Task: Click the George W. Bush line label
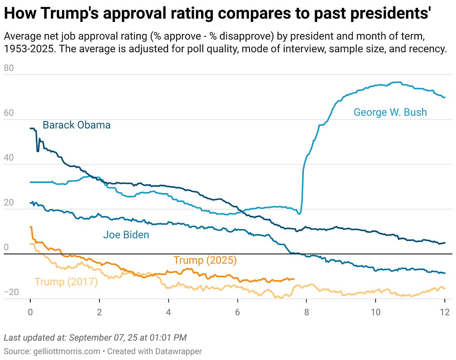[x=390, y=112]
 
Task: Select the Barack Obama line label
[x=77, y=125]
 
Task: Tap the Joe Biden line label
[x=126, y=235]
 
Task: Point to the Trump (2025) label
[x=205, y=260]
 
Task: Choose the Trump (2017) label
[x=66, y=282]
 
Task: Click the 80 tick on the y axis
[x=9, y=68]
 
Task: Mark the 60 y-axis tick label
[x=9, y=113]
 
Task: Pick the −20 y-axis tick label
[x=11, y=292]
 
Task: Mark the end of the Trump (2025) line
[x=293, y=279]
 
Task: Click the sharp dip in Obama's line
[x=38, y=151]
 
